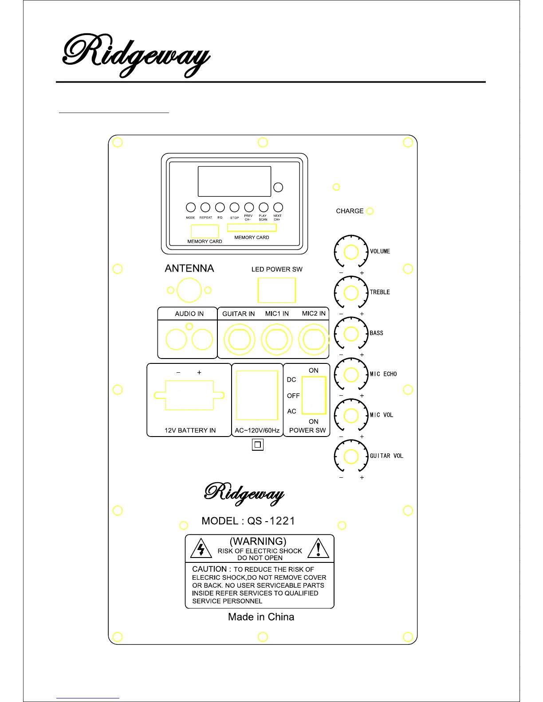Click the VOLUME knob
point(351,252)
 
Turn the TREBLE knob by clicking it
point(351,292)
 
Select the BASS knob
point(351,334)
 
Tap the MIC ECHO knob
point(351,374)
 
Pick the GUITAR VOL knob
point(351,456)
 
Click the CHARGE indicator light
point(370,211)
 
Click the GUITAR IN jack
point(240,340)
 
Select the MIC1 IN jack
point(277,340)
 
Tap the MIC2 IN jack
point(314,340)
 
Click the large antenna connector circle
point(189,291)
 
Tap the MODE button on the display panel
point(191,207)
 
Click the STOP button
point(235,207)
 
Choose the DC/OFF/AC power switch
point(314,395)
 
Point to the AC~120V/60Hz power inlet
point(257,395)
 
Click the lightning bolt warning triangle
point(201,549)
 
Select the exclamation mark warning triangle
point(318,549)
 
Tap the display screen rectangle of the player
point(234,181)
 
